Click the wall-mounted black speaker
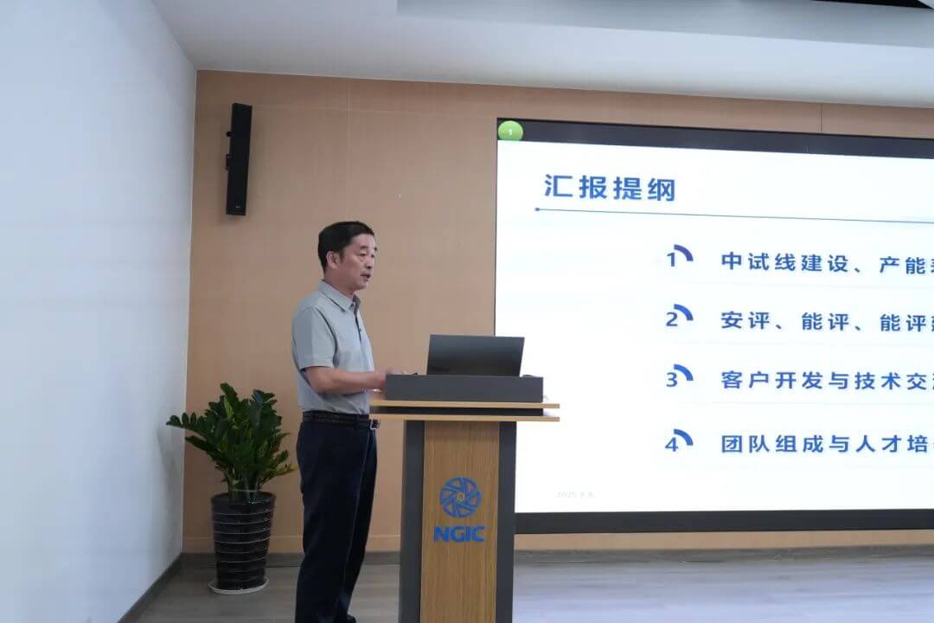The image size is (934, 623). pyautogui.click(x=239, y=159)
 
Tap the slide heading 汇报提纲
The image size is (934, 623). pyautogui.click(x=609, y=187)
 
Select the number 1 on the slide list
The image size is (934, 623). pyautogui.click(x=673, y=259)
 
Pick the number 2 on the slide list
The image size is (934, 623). pyautogui.click(x=672, y=318)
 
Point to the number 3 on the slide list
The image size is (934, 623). pyautogui.click(x=672, y=379)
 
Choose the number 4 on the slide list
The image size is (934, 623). pyautogui.click(x=672, y=444)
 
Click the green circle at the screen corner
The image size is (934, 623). pyautogui.click(x=510, y=132)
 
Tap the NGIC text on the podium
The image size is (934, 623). pyautogui.click(x=459, y=534)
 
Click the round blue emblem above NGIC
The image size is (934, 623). pyautogui.click(x=459, y=497)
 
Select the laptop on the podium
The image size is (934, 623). pyautogui.click(x=475, y=356)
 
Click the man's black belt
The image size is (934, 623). pyautogui.click(x=337, y=419)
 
